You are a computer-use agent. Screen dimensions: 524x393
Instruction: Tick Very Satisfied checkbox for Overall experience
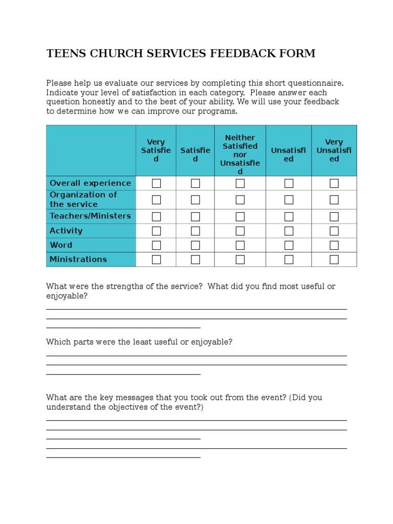tap(156, 183)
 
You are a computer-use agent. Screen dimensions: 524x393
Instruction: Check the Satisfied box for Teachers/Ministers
tap(195, 216)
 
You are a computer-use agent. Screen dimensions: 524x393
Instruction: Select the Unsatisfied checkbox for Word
tap(289, 245)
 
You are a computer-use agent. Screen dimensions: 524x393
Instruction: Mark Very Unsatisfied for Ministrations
tap(334, 259)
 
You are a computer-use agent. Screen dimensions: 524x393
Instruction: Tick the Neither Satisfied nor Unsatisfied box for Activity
tap(240, 231)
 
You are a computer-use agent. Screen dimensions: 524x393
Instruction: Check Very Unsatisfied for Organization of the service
tap(334, 200)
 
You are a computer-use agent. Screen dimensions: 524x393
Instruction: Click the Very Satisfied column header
tap(156, 150)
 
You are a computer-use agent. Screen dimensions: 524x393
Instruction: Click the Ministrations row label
tap(78, 259)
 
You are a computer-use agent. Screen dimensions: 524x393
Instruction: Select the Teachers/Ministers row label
tap(90, 216)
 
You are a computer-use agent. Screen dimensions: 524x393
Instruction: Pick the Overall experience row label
tap(90, 183)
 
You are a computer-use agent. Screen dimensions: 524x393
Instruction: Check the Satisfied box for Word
tap(195, 245)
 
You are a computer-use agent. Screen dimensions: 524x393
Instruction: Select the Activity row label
tap(66, 231)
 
